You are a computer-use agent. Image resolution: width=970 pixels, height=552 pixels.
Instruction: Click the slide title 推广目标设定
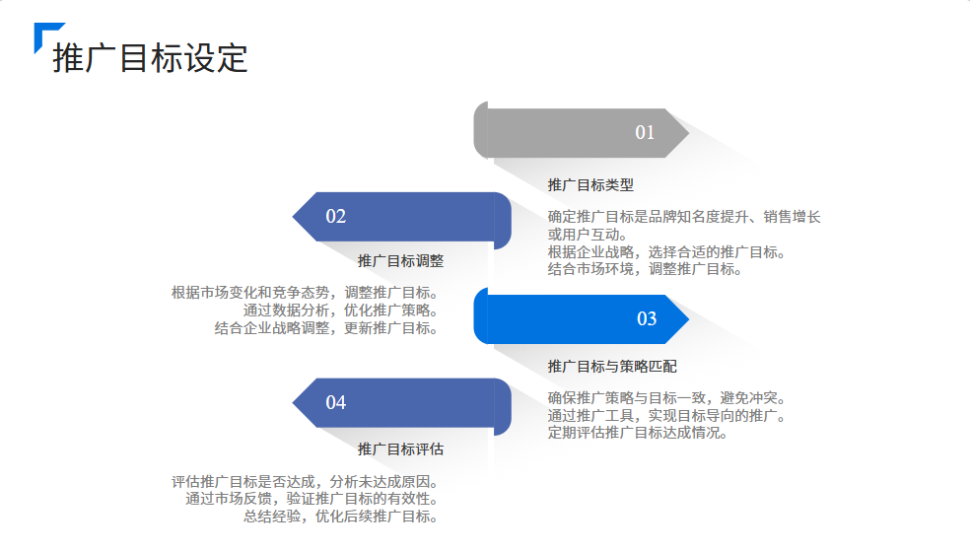coord(150,58)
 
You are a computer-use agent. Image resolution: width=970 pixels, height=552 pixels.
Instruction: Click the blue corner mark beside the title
coord(44,34)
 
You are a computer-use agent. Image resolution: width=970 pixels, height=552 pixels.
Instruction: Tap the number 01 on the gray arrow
coord(645,133)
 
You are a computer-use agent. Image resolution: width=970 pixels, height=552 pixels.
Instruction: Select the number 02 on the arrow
coord(336,217)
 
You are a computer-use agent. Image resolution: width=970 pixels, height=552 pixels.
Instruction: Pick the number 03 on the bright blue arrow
coord(647,318)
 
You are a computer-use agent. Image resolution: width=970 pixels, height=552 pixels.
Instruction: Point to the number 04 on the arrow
coord(336,402)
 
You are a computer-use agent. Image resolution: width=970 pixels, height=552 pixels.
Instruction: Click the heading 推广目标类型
coord(590,184)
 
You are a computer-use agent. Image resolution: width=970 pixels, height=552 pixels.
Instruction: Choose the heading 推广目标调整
coord(400,261)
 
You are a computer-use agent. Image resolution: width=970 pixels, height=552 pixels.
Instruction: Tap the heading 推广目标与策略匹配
coord(612,366)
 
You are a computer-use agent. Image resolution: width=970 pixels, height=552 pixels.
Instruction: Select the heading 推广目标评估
coord(400,448)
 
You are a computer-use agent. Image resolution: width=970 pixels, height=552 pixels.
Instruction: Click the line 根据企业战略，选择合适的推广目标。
coord(666,252)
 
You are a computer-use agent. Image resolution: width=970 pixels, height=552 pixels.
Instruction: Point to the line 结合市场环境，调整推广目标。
coord(645,269)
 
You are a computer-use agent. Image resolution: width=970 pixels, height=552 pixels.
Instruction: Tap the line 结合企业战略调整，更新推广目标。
coord(326,328)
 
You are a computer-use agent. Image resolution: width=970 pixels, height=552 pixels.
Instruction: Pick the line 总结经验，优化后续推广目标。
coord(340,516)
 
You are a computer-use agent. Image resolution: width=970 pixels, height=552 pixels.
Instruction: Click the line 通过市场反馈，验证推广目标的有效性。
coord(312,499)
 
